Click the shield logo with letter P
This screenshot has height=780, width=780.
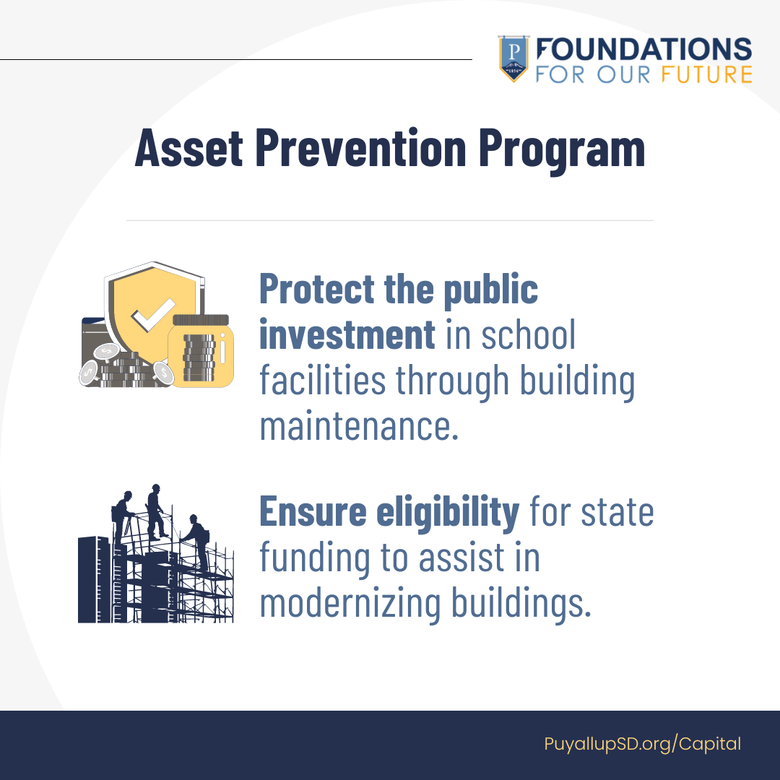[x=513, y=58]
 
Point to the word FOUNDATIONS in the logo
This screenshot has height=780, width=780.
[x=643, y=50]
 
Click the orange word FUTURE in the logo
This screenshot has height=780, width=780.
[x=706, y=74]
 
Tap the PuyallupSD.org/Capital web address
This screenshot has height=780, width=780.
[x=642, y=745]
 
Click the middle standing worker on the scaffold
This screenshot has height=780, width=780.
[x=155, y=510]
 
